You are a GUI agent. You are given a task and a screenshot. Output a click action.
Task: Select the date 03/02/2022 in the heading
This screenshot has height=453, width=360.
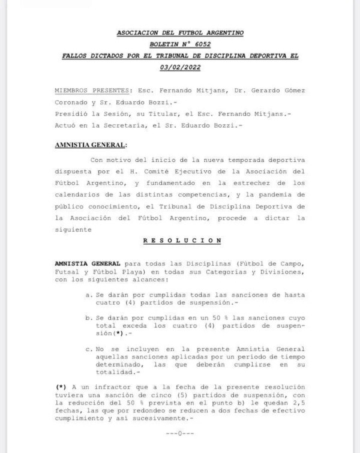(180, 67)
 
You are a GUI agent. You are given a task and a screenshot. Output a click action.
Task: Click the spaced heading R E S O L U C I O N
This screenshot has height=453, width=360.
(182, 241)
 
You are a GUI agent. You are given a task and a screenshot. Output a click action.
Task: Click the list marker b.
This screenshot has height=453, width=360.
(89, 319)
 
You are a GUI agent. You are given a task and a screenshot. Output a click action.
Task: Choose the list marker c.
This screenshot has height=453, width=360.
(89, 349)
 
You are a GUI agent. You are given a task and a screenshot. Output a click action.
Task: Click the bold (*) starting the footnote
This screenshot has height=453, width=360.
(59, 386)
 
